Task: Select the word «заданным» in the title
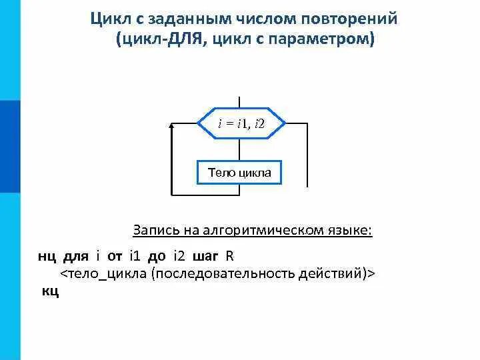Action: point(179,19)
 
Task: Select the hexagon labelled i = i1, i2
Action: point(241,123)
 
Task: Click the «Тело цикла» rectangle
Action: point(239,173)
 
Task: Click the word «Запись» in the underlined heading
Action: point(155,231)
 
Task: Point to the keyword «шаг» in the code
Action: point(205,256)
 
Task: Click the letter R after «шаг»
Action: point(229,256)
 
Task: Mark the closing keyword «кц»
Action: point(51,291)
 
